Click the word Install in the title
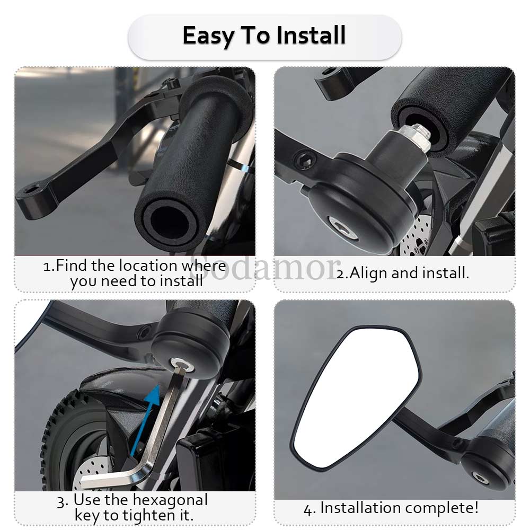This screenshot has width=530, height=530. (311, 35)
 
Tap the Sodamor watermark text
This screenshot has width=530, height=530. (263, 268)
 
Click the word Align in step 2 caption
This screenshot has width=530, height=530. (368, 273)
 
